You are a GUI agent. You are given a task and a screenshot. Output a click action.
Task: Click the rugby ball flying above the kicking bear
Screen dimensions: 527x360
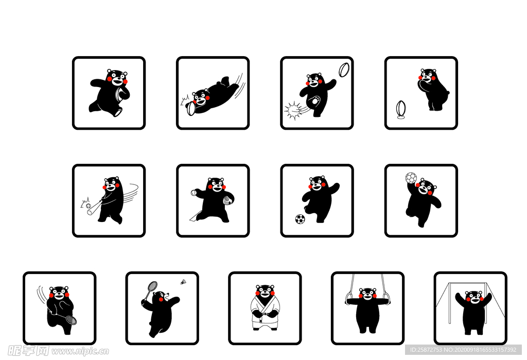[x=344, y=70]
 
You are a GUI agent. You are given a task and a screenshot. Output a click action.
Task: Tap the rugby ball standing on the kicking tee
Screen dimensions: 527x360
[x=400, y=108]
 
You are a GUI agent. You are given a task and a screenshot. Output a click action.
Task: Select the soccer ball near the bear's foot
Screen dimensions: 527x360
[x=300, y=219]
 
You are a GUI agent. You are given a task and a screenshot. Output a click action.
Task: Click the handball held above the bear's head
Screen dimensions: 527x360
[x=411, y=178]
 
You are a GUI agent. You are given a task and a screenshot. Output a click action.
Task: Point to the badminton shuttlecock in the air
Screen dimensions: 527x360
[x=183, y=282]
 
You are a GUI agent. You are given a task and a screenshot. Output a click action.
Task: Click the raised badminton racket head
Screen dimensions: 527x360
[x=152, y=286]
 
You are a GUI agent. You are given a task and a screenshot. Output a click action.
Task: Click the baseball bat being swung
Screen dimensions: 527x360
[x=95, y=208]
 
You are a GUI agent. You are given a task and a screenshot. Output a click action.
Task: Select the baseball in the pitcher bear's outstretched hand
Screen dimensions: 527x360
[x=194, y=193]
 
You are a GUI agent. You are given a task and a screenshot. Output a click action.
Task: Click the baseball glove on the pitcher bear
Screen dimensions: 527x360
[x=227, y=199]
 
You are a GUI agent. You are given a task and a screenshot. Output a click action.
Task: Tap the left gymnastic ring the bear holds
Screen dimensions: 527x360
[x=348, y=298]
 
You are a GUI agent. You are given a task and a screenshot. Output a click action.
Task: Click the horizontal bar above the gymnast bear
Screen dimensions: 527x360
[x=470, y=284]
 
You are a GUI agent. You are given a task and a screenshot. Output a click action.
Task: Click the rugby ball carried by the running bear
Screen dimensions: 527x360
[x=119, y=94]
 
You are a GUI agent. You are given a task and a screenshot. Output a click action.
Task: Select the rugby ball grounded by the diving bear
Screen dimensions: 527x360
[x=191, y=108]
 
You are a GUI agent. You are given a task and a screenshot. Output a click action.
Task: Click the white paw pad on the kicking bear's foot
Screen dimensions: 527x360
[x=315, y=100]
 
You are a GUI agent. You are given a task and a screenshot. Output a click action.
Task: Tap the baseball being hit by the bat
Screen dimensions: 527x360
[x=89, y=205]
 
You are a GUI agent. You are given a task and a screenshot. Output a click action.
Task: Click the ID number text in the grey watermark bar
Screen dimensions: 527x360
[x=427, y=350]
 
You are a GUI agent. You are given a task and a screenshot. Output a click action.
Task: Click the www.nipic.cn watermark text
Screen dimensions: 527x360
[x=80, y=352]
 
